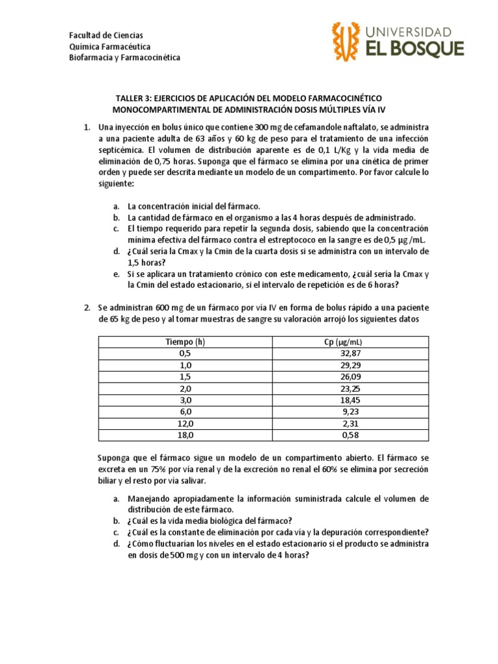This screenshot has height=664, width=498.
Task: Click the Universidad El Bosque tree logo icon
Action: pos(346,40)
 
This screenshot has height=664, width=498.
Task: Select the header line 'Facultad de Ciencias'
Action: pos(106,35)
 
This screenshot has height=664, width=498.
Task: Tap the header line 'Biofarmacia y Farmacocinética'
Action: pos(124,58)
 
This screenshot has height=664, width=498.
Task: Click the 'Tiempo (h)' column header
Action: pos(185,342)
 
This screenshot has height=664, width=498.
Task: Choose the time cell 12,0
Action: pos(185,423)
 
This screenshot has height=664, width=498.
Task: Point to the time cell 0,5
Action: pos(185,353)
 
